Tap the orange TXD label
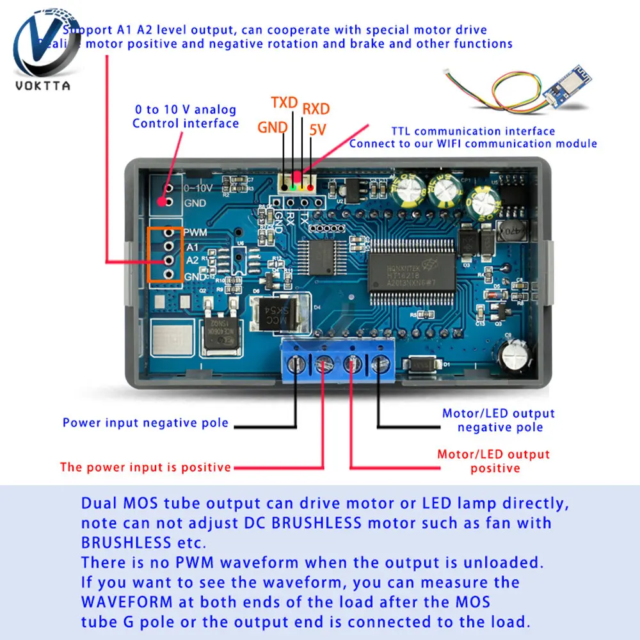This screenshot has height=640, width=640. tap(285, 103)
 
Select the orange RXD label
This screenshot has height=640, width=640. tap(316, 108)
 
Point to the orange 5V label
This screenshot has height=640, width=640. tap(317, 129)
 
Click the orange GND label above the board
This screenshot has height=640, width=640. tap(273, 127)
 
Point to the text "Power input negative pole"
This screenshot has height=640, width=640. tap(145, 423)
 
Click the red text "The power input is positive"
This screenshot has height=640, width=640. tap(145, 467)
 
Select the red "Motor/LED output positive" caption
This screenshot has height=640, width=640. tap(493, 461)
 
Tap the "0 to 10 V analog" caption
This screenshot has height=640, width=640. tap(185, 110)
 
